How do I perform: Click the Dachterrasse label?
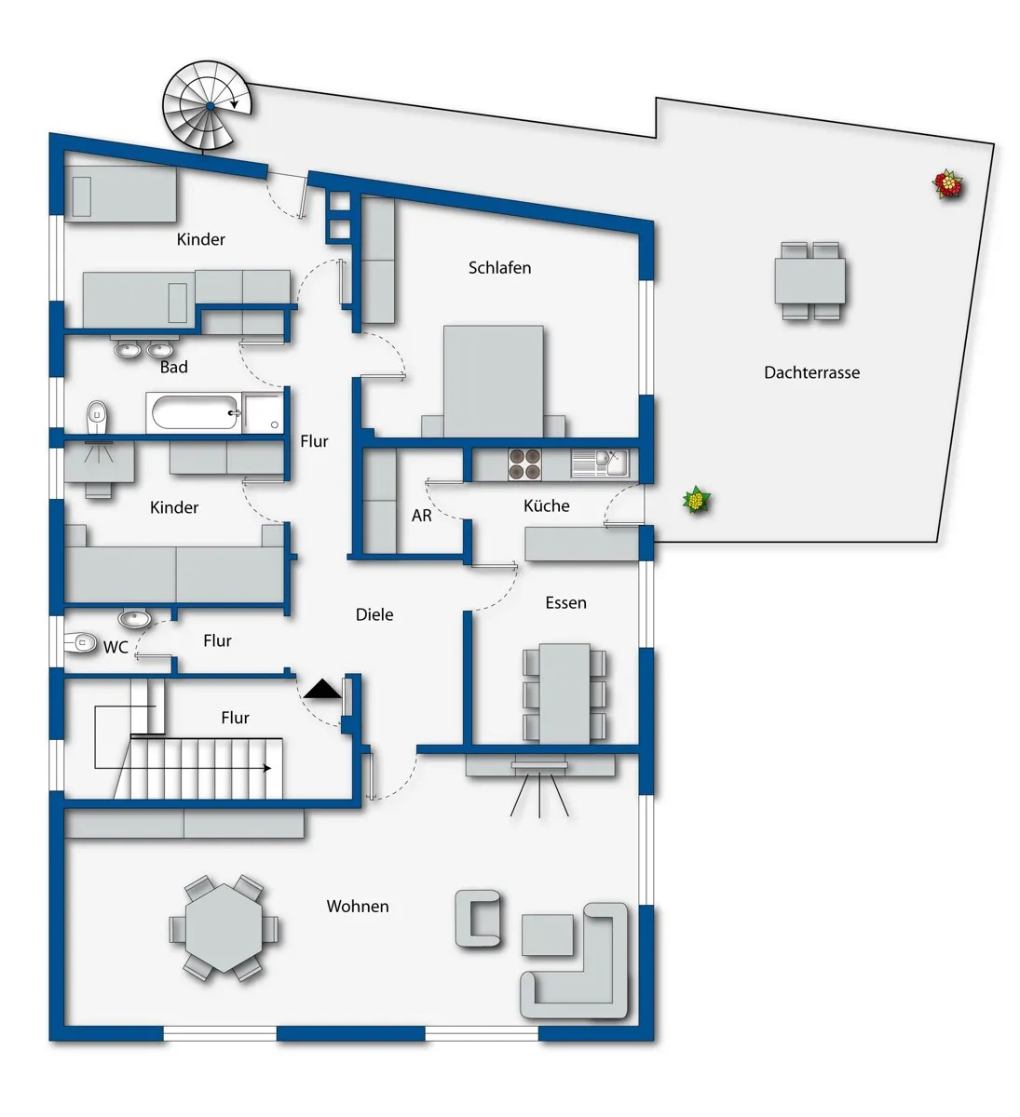click(811, 372)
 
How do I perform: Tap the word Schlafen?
click(499, 268)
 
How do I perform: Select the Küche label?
click(546, 505)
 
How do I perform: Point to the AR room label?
click(421, 516)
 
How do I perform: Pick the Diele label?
click(374, 614)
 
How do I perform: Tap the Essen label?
click(565, 602)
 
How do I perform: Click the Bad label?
click(173, 367)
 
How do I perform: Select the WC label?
click(116, 647)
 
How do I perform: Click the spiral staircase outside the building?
click(208, 106)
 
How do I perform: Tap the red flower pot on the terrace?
click(948, 184)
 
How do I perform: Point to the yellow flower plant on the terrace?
click(696, 500)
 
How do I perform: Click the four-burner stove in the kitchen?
click(524, 464)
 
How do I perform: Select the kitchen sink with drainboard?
click(600, 464)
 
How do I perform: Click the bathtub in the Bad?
click(194, 412)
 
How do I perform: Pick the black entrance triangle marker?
click(322, 690)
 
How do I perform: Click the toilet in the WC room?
click(80, 643)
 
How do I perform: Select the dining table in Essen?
click(564, 693)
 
